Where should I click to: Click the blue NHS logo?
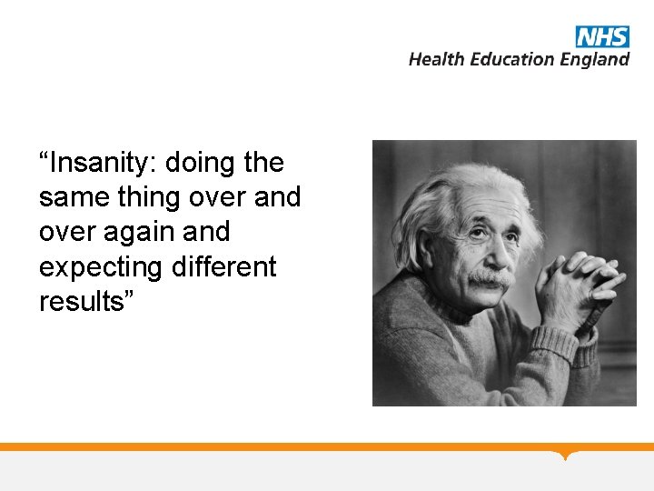click(602, 36)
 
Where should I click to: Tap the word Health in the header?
click(435, 59)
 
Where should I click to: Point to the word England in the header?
click(594, 60)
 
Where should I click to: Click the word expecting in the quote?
click(100, 268)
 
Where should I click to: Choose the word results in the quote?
click(81, 302)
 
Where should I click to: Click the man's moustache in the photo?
click(490, 277)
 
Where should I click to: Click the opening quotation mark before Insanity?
click(44, 156)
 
